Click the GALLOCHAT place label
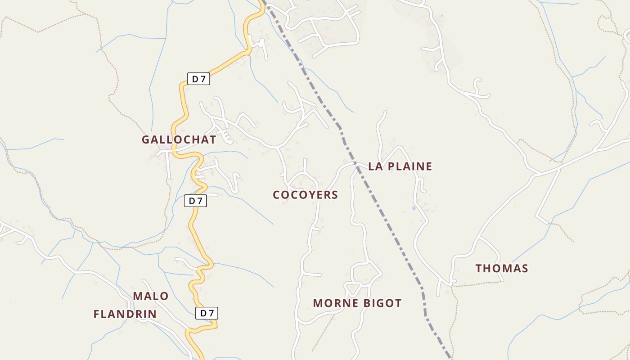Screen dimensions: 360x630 pos(179,139)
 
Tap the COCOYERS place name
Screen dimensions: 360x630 pos(305,195)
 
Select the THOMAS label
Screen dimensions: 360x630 pos(502,269)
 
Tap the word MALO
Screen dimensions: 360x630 pos(151,296)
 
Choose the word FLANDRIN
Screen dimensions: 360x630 pos(125,314)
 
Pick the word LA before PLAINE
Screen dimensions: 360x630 pos(376,166)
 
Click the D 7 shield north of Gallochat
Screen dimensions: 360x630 pos(198,79)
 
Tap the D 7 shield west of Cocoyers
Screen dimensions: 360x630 pos(195,201)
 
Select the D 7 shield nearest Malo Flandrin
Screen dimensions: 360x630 pos(207,313)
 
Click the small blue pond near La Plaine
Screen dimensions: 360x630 pos(414,208)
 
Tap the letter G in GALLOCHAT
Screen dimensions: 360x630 pos(145,139)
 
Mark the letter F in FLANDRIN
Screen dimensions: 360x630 pos(97,314)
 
